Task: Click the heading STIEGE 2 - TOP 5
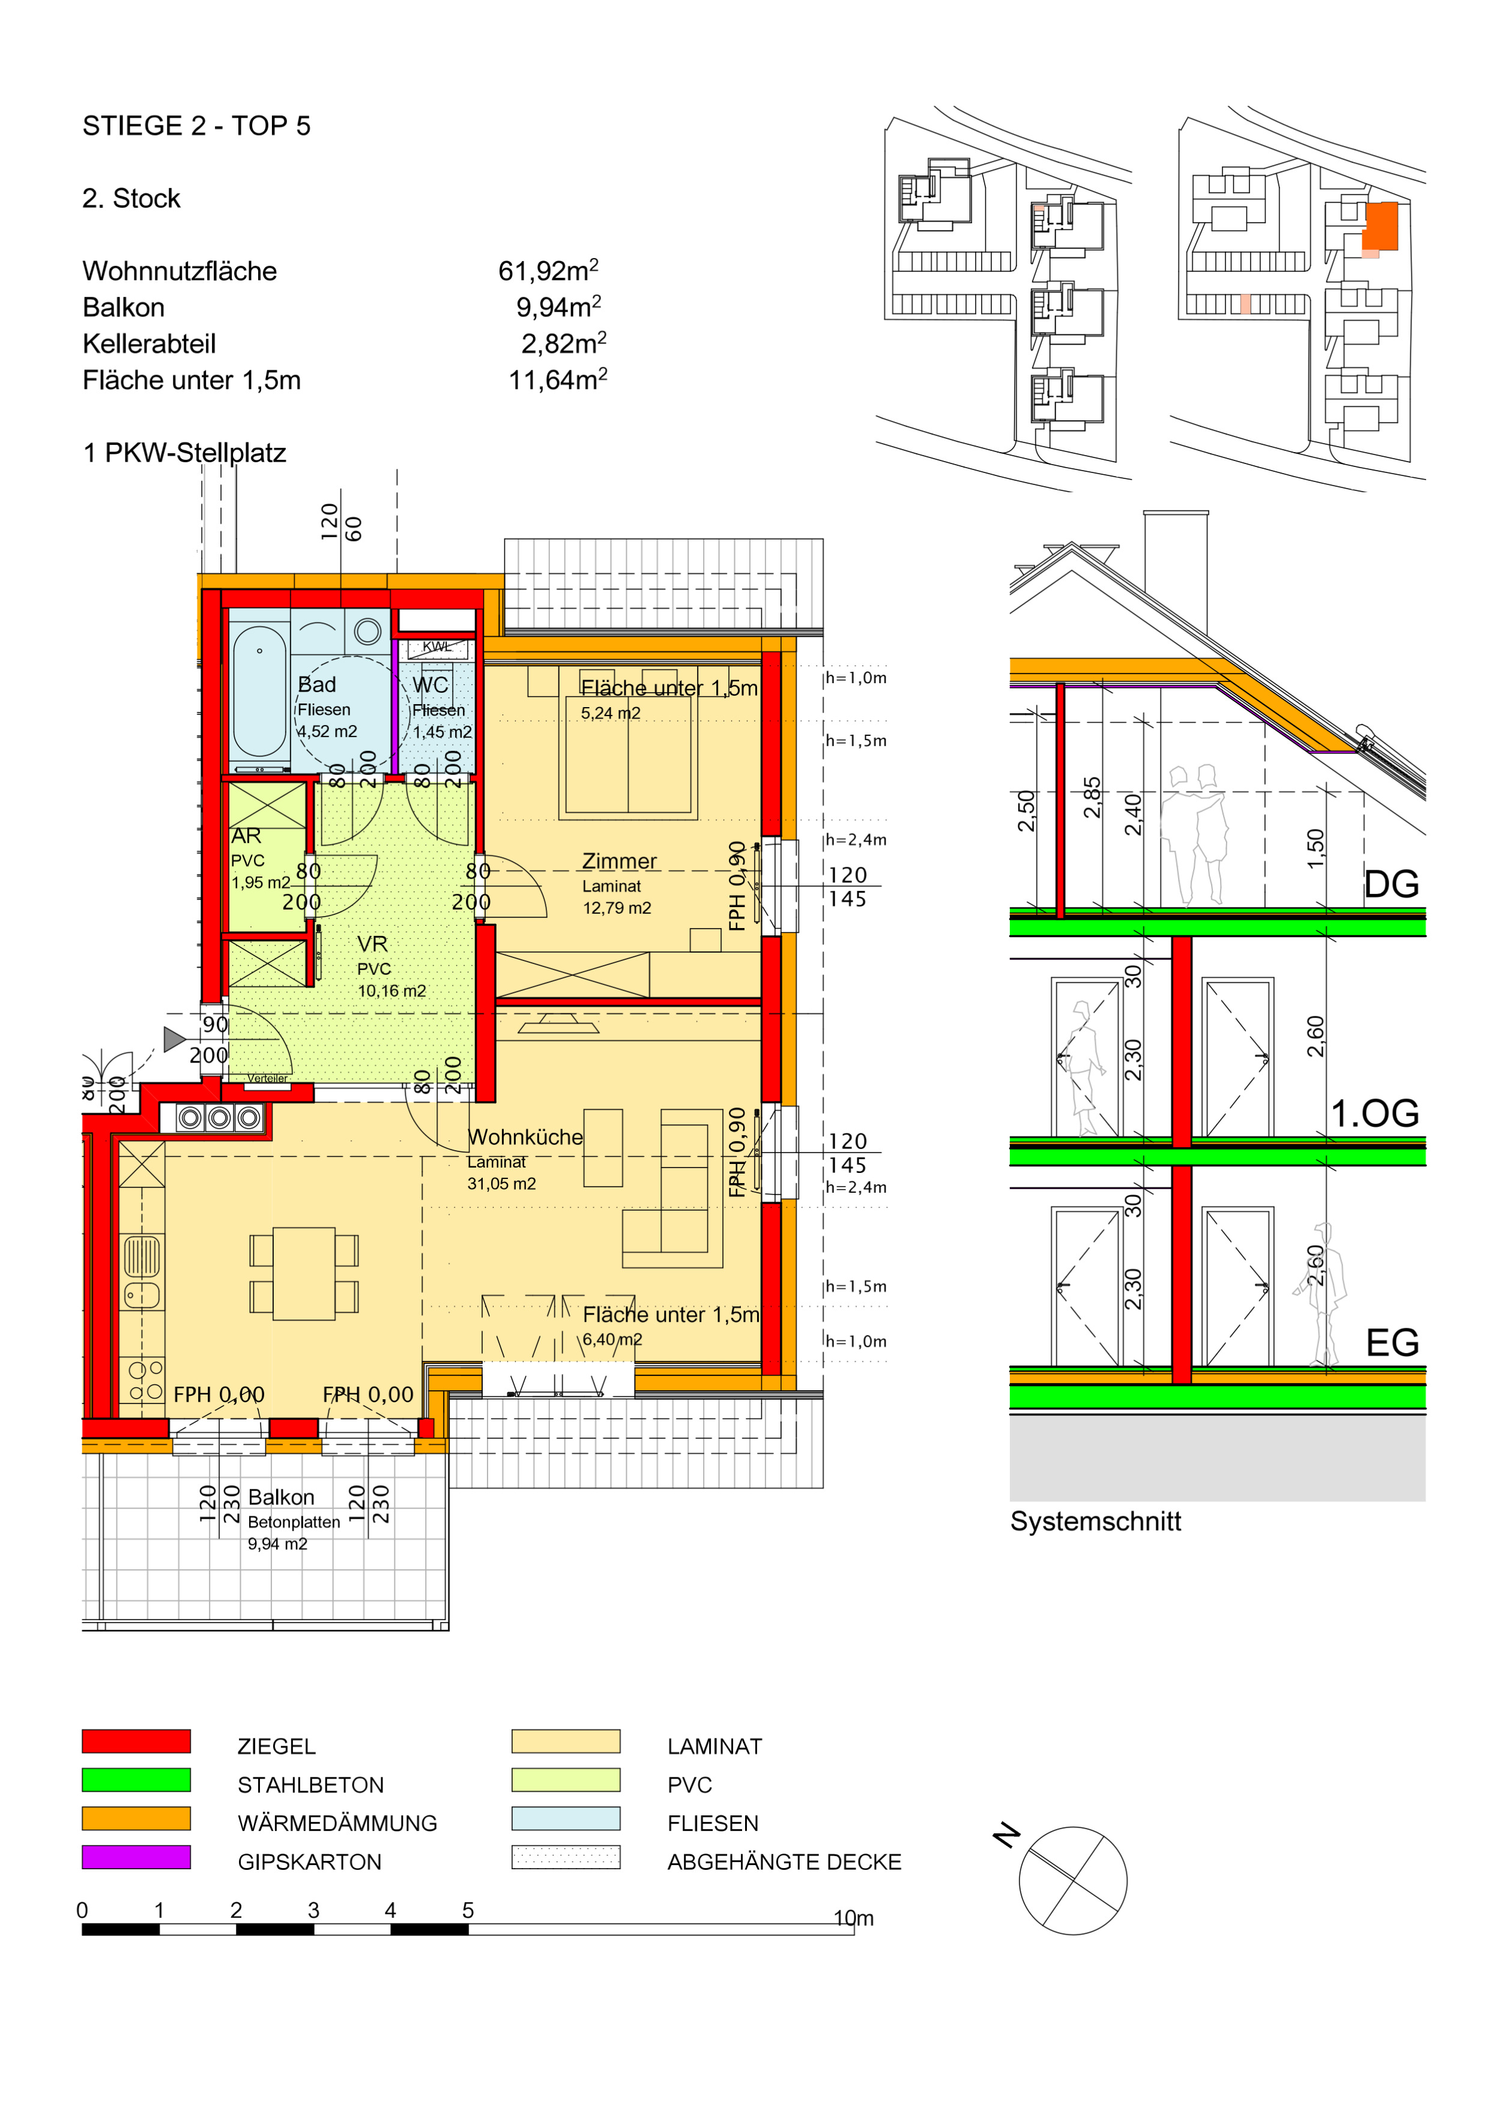tap(197, 125)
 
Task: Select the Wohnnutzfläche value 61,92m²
tap(548, 270)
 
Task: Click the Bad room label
tap(316, 684)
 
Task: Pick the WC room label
tap(430, 684)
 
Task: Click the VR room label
tap(372, 944)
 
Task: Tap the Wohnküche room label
tap(525, 1136)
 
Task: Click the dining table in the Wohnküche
tap(304, 1273)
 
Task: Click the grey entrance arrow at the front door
tap(174, 1038)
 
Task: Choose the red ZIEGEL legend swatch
tap(136, 1740)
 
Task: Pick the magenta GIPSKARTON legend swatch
tap(136, 1857)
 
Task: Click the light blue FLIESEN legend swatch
tap(566, 1818)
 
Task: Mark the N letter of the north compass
tap(1006, 1834)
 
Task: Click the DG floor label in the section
tap(1391, 884)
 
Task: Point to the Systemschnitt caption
tap(1095, 1521)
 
